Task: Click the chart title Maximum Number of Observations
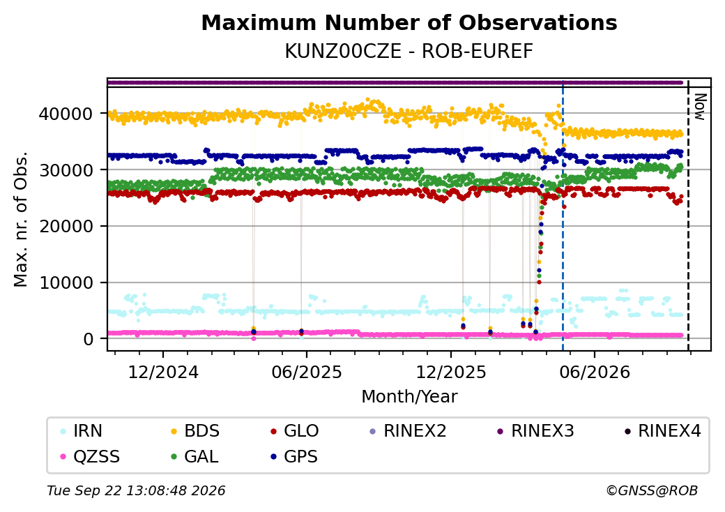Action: coord(409,22)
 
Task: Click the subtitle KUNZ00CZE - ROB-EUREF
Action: coord(409,52)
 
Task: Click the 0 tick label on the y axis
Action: coord(89,340)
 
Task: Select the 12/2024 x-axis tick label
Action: coord(163,372)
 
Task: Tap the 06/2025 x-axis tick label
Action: coord(307,372)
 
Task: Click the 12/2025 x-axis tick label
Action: coord(451,372)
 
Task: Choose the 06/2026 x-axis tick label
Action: coord(595,372)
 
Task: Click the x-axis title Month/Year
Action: coord(409,397)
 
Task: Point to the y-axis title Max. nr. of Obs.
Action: coord(21,219)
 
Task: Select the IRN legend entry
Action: coord(82,431)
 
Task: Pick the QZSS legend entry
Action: coord(90,457)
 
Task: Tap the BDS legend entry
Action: coord(195,431)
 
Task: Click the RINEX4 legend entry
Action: coord(663,431)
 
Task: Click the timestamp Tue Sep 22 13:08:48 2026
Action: coord(136,490)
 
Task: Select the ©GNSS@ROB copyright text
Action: coord(652,490)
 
